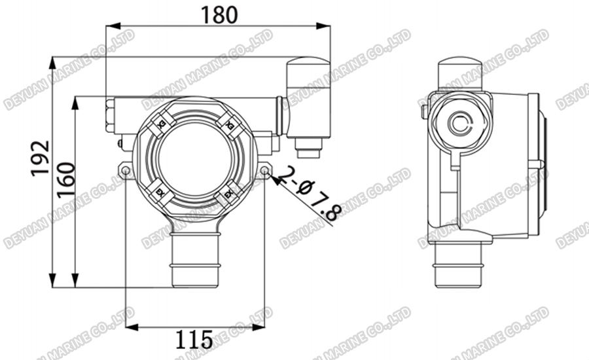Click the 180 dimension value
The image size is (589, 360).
[219, 14]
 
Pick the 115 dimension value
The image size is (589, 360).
[194, 339]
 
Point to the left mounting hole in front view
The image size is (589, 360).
[124, 171]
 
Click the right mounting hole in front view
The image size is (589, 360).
[264, 171]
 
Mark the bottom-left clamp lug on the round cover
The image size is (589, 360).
[160, 194]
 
